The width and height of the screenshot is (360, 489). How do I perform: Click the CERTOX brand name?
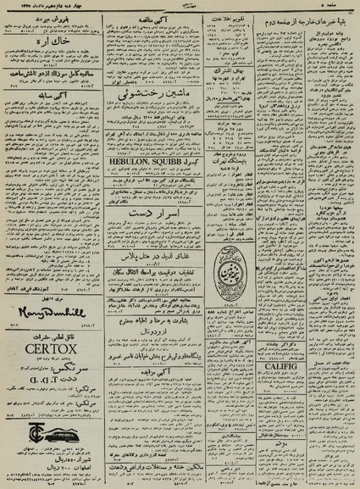53,347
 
